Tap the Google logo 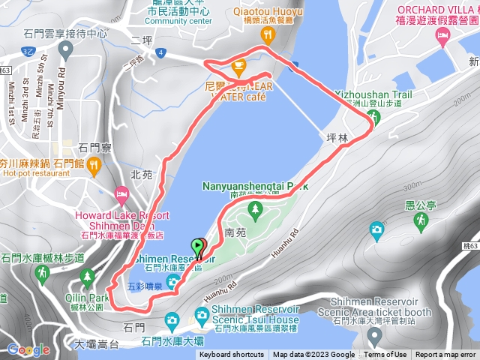[x=28, y=349]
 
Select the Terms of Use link [x=385, y=355]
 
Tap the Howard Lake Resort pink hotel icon [x=120, y=195]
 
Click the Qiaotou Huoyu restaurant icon [x=268, y=34]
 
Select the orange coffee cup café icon [x=239, y=69]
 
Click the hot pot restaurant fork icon [x=94, y=165]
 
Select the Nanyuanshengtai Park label [x=255, y=185]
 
